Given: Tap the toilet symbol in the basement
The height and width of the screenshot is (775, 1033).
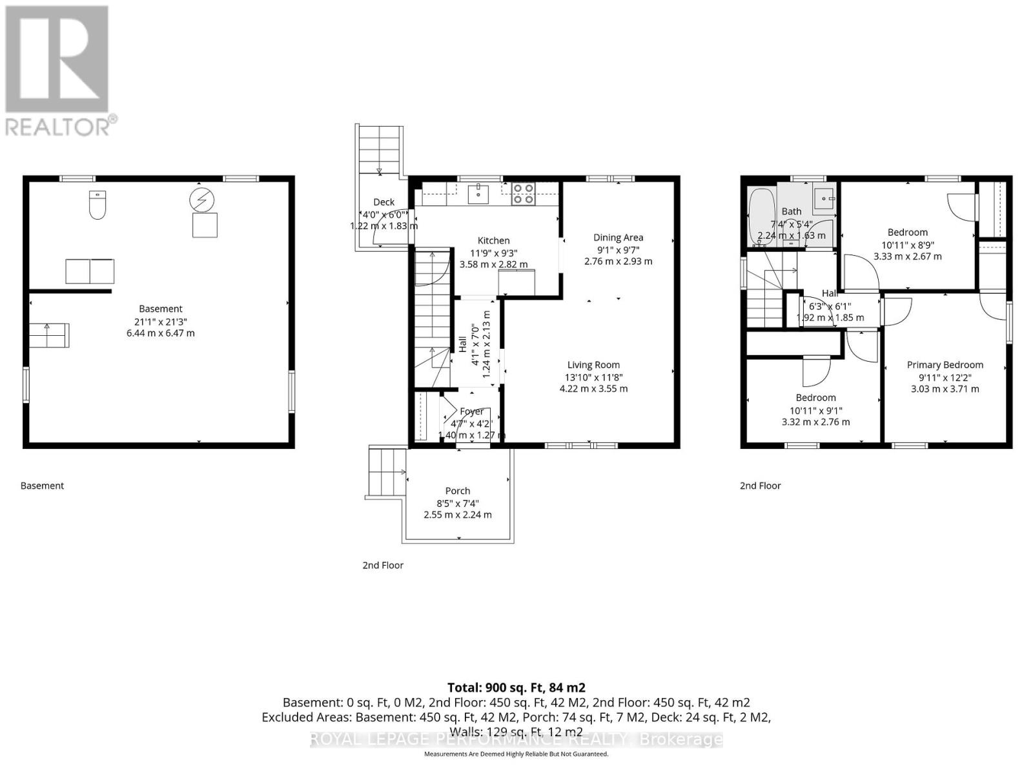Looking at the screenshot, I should (x=97, y=205).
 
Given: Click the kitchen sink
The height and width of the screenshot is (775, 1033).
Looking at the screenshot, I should (x=478, y=193).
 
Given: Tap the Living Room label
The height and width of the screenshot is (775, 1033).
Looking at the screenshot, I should (x=593, y=365).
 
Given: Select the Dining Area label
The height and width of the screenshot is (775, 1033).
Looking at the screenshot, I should (x=618, y=238).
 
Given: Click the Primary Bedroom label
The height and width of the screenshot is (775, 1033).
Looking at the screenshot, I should (x=945, y=365).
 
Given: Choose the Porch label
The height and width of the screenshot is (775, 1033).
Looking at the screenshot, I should (x=458, y=491).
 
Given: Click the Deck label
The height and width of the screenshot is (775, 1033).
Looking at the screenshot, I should (x=384, y=202).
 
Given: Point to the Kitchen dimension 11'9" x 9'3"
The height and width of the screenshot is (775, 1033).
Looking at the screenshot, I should (x=494, y=253).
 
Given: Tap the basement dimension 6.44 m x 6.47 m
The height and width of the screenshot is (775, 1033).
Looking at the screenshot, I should (x=161, y=333).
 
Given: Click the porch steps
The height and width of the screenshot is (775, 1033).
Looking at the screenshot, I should (x=387, y=471).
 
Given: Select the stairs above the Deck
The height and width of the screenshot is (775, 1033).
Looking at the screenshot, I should (x=380, y=150).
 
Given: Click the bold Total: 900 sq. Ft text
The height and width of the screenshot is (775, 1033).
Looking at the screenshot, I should (x=516, y=688).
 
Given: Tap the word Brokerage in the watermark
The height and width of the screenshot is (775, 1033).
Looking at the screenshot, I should (x=680, y=739).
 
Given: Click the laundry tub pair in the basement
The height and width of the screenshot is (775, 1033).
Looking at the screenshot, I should (x=90, y=271).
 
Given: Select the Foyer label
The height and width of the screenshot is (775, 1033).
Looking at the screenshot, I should (x=472, y=411).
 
